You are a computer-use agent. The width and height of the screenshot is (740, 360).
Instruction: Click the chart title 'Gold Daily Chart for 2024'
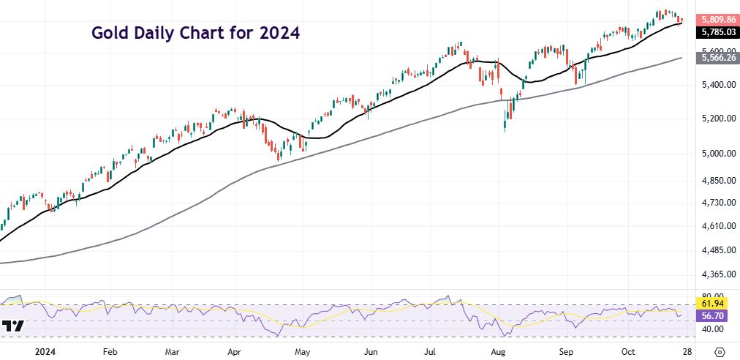(x=195, y=33)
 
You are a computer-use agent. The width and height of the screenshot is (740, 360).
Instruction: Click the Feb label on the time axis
(x=110, y=350)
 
